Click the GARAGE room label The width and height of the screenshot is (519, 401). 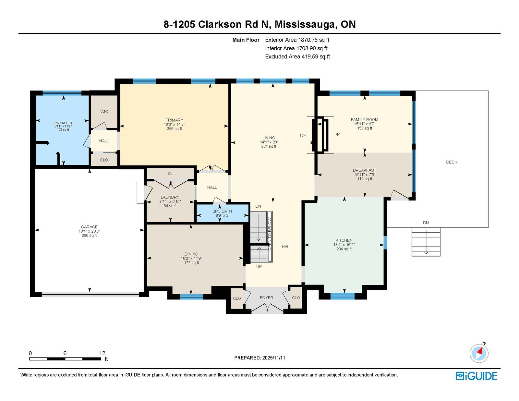(89, 227)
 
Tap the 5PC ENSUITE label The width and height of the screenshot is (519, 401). (63, 123)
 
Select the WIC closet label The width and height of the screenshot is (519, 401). (104, 112)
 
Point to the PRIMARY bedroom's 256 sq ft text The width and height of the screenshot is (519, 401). (175, 129)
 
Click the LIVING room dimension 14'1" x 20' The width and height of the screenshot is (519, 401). (269, 142)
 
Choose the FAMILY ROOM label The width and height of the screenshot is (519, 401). (365, 120)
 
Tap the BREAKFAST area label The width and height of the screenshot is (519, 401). (365, 170)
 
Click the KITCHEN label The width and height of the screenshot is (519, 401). (344, 240)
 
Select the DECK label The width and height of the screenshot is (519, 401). (452, 162)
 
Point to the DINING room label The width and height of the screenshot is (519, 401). (191, 254)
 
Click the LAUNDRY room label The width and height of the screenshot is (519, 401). (170, 197)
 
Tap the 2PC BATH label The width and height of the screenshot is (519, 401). (223, 211)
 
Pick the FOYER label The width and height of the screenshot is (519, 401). (266, 298)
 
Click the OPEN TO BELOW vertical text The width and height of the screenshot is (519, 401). (270, 234)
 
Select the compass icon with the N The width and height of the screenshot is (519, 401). (479, 353)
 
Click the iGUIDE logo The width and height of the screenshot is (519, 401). (476, 376)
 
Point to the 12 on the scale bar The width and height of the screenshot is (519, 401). (102, 353)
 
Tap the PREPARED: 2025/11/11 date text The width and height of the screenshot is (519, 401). (259, 358)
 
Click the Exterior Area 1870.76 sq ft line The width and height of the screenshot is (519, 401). (297, 40)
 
